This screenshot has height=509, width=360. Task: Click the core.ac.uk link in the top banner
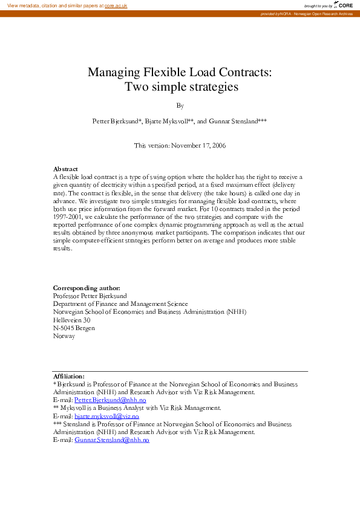point(116,5)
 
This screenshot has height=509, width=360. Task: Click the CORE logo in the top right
point(345,5)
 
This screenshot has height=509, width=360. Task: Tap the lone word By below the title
point(180,105)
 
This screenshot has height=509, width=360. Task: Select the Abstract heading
point(65,169)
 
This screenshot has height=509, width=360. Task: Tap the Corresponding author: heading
point(87,288)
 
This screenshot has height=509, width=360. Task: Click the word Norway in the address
point(64,336)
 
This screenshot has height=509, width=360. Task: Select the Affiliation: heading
point(69,376)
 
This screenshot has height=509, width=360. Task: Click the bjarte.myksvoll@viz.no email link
point(106,417)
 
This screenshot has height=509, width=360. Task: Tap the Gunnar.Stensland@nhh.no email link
point(111,441)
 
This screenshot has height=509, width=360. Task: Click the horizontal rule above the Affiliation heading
point(180,371)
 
